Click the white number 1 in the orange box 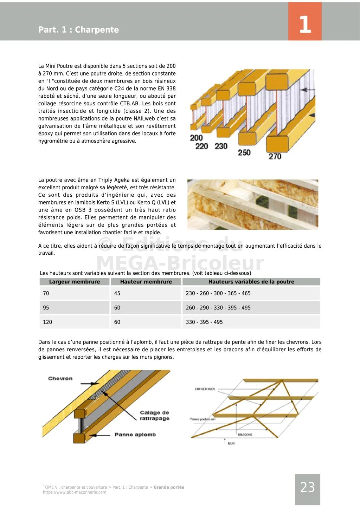pos(305,25)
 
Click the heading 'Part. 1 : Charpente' pos(78,30)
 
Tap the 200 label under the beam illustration pos(196,138)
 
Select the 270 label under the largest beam pos(275,156)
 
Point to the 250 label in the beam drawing pos(244,152)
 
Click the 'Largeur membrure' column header pos(74,282)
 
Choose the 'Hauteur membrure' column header pos(146,282)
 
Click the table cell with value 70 pos(46,293)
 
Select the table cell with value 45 pos(117,293)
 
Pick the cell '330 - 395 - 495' pos(204,322)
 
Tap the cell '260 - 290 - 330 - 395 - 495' pos(218,308)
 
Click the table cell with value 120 pos(47,322)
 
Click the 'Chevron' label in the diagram pos(60,378)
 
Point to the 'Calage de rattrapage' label pos(154,416)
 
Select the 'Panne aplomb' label pos(135,435)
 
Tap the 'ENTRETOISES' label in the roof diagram pos(205,389)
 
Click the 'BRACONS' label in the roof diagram pos(245,435)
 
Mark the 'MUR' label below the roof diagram pos(231,444)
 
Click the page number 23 pos(307,487)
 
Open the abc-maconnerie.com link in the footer pos(75,492)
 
